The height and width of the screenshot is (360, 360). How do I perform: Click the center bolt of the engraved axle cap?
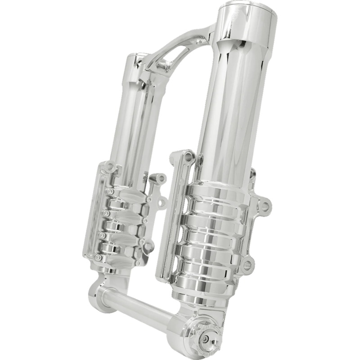point(205,340)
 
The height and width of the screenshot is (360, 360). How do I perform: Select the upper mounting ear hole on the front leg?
point(265,207)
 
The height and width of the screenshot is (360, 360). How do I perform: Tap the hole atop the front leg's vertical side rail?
point(188,157)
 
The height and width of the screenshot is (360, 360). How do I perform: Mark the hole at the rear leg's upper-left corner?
point(107,170)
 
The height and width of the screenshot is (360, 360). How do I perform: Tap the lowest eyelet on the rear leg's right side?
point(149,246)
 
